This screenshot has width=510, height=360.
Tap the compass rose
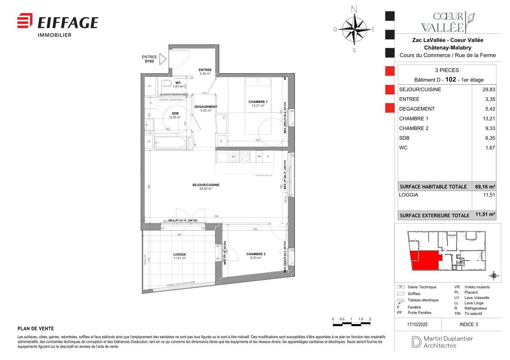[x=354, y=29]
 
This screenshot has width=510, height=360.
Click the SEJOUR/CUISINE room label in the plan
[x=206, y=185]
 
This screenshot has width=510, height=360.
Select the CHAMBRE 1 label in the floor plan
[x=258, y=102]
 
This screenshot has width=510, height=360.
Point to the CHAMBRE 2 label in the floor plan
[x=256, y=254]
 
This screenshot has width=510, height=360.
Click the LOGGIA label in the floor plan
[x=179, y=254]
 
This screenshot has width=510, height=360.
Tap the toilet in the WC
[x=167, y=84]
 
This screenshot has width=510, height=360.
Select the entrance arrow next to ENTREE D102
[x=162, y=59]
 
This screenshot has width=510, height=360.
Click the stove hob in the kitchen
[x=245, y=156]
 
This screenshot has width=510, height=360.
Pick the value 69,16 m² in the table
[x=485, y=187]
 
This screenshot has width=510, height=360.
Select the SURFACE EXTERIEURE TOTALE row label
[x=434, y=215]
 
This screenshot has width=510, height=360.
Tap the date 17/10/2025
[x=418, y=324]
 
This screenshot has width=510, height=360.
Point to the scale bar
[x=351, y=324]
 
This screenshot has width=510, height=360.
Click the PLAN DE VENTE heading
[x=36, y=329]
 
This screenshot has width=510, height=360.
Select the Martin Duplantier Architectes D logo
[x=416, y=342]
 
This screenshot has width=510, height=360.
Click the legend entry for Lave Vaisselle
[x=477, y=298]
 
